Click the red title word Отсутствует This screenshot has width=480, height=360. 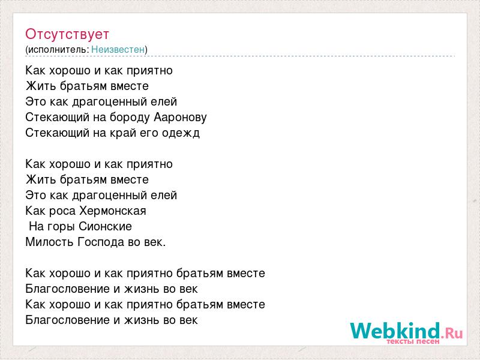(67, 34)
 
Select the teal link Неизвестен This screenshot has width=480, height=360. (118, 49)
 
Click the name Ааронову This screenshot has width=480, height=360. (181, 117)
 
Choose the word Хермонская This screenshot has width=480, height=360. (113, 211)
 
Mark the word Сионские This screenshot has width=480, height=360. (106, 227)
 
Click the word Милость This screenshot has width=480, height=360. (49, 242)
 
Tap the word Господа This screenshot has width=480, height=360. (101, 242)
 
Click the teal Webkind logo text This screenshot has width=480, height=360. (395, 331)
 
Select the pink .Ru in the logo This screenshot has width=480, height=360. (452, 332)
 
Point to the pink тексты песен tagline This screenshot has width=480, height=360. (413, 341)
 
